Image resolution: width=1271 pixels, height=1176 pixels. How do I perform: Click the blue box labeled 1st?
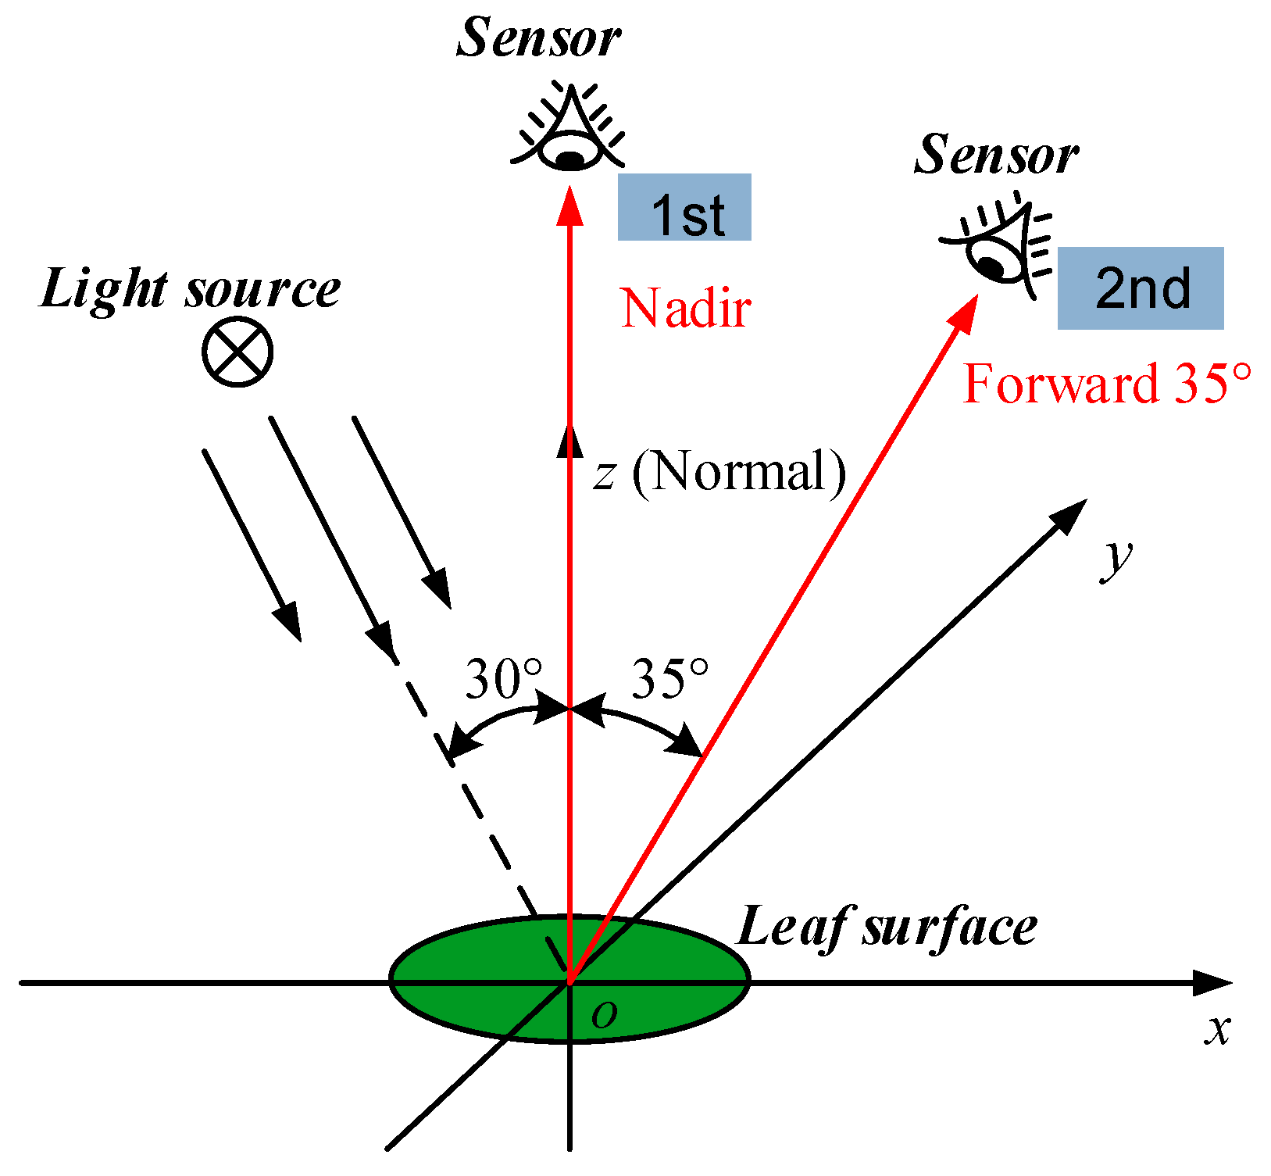684,208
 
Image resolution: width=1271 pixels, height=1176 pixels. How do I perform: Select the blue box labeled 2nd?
1140,288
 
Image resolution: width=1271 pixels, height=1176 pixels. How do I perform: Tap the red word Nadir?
685,308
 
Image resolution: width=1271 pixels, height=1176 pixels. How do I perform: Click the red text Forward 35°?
1106,384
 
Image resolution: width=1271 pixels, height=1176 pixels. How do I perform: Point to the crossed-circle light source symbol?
237,351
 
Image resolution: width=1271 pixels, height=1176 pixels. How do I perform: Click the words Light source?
190,290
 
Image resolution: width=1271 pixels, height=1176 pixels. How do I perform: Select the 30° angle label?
502,678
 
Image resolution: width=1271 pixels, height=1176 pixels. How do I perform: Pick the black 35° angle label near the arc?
669,678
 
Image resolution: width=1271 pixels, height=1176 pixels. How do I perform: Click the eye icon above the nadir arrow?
569,133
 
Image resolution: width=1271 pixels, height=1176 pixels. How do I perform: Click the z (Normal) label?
719,472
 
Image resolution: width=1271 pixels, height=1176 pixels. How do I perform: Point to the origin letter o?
604,1015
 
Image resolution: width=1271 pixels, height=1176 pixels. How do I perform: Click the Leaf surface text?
887,928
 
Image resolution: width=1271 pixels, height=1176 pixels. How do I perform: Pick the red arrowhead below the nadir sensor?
570,205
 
